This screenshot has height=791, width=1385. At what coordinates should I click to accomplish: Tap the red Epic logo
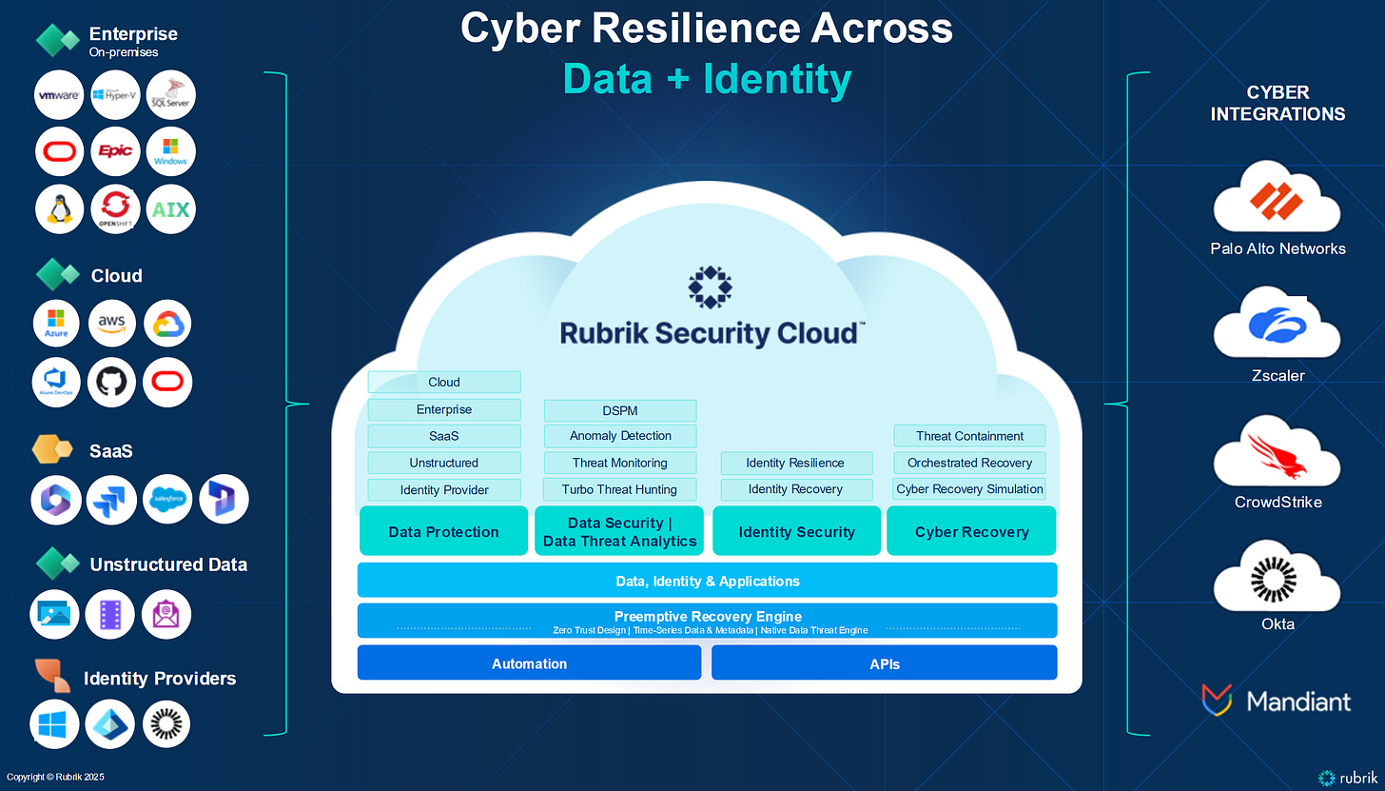tap(116, 151)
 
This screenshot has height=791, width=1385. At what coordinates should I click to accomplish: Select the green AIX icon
tap(171, 209)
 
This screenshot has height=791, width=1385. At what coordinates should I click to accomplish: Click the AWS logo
tap(111, 325)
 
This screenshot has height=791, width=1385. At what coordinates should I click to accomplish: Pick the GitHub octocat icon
tap(111, 383)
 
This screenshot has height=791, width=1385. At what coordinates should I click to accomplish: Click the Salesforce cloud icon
tap(167, 499)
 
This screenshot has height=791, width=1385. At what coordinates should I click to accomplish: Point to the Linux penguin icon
tap(59, 209)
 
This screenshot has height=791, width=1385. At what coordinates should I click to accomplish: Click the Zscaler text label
tap(1278, 375)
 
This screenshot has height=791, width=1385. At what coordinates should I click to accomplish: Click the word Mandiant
tap(1298, 702)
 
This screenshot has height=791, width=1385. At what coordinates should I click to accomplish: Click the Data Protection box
tap(443, 532)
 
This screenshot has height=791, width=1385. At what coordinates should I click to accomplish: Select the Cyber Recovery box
tap(971, 532)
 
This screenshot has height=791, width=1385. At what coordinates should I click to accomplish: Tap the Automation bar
tap(529, 663)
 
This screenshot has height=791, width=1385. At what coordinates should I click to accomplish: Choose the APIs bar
tap(884, 663)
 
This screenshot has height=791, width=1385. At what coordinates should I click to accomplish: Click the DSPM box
tap(620, 410)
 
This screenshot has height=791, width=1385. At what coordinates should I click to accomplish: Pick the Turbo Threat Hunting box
tap(620, 489)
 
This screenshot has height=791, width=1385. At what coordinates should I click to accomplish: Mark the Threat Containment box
tap(969, 436)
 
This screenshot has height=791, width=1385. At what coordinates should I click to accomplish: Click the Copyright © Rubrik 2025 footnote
tap(55, 778)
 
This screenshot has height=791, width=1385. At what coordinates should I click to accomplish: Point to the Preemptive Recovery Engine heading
tap(708, 616)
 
